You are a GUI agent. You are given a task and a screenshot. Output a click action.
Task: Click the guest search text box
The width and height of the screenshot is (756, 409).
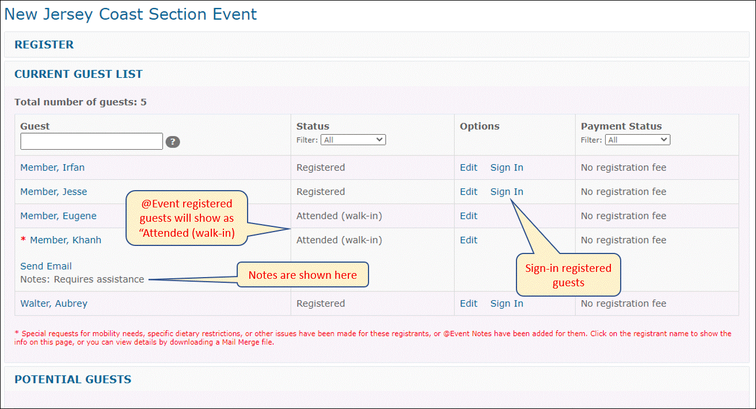click(x=92, y=141)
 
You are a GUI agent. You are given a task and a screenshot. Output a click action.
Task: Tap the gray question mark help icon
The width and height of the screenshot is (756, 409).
click(x=173, y=142)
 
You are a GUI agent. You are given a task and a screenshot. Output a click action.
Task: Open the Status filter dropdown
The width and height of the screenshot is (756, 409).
click(x=353, y=140)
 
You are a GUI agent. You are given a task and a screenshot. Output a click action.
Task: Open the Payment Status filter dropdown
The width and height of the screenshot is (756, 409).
click(x=637, y=140)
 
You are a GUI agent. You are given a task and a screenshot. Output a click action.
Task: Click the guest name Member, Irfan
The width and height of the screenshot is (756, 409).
click(x=52, y=168)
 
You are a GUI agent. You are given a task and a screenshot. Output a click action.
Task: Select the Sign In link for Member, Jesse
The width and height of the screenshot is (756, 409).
click(x=507, y=192)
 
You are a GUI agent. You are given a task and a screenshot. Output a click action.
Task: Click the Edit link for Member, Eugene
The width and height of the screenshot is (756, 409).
click(x=469, y=216)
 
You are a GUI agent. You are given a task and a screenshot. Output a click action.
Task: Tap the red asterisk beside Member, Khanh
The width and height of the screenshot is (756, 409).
click(x=23, y=240)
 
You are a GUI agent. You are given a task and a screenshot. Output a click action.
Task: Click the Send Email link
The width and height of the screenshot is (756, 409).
click(x=46, y=266)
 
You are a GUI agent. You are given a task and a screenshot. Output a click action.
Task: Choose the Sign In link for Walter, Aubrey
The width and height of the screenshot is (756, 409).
click(x=507, y=304)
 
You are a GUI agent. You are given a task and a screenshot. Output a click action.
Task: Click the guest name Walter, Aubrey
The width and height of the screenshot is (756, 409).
click(x=54, y=304)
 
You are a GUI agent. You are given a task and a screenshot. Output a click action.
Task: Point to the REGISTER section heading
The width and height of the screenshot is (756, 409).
click(x=44, y=44)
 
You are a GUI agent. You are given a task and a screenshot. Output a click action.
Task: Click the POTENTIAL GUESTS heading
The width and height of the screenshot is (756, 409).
click(x=73, y=379)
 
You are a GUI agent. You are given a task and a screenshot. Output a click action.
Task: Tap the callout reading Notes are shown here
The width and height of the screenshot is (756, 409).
click(x=303, y=275)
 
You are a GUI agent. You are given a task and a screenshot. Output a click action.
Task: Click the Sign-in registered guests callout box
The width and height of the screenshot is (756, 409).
click(x=568, y=275)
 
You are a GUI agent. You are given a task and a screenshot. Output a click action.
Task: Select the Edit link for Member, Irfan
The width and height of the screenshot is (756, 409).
click(x=469, y=168)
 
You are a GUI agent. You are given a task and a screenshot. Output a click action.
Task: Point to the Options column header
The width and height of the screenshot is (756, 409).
click(x=480, y=126)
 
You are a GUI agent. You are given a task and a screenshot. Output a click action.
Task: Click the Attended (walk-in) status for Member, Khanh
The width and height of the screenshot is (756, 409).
click(x=339, y=240)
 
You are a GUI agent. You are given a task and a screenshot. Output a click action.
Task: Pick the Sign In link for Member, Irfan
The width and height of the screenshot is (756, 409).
click(x=507, y=168)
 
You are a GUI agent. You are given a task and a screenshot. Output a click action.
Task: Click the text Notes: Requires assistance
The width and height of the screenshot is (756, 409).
click(x=82, y=279)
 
